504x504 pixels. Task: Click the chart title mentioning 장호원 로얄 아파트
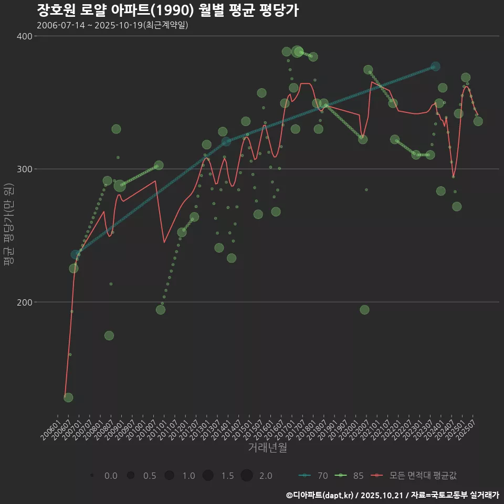168,10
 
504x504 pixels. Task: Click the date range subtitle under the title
112,25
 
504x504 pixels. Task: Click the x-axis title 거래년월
267,448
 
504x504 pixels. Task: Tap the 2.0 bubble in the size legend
247,476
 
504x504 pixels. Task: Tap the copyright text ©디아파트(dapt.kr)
320,495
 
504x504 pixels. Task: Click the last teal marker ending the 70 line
435,67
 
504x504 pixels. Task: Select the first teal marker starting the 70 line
76,255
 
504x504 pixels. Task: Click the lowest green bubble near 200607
68,397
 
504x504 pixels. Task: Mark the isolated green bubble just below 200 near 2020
364,310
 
